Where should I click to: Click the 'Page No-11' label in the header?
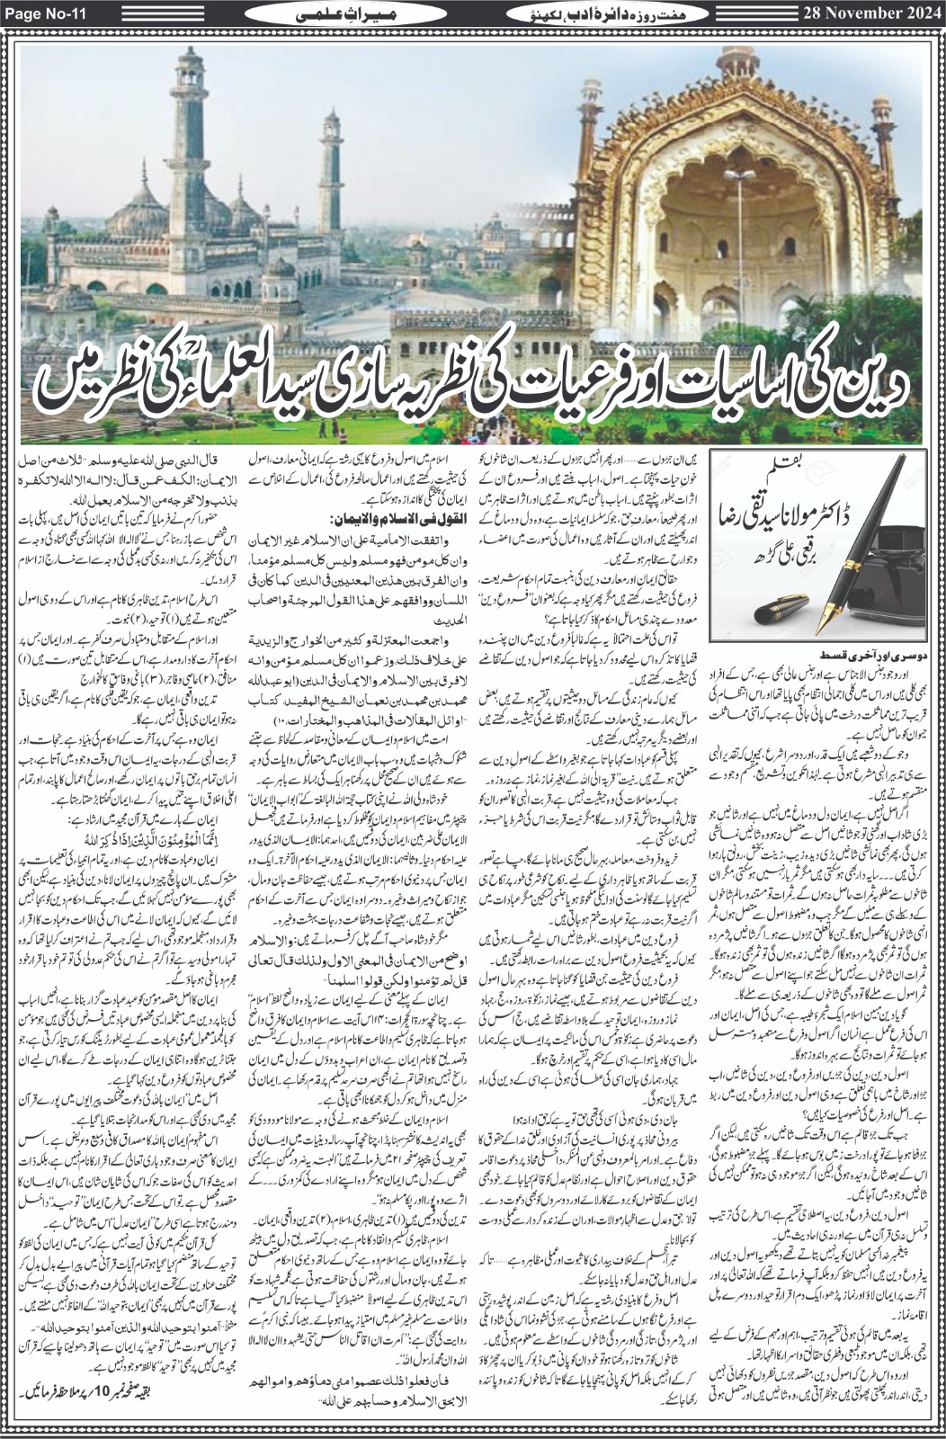(45, 15)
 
